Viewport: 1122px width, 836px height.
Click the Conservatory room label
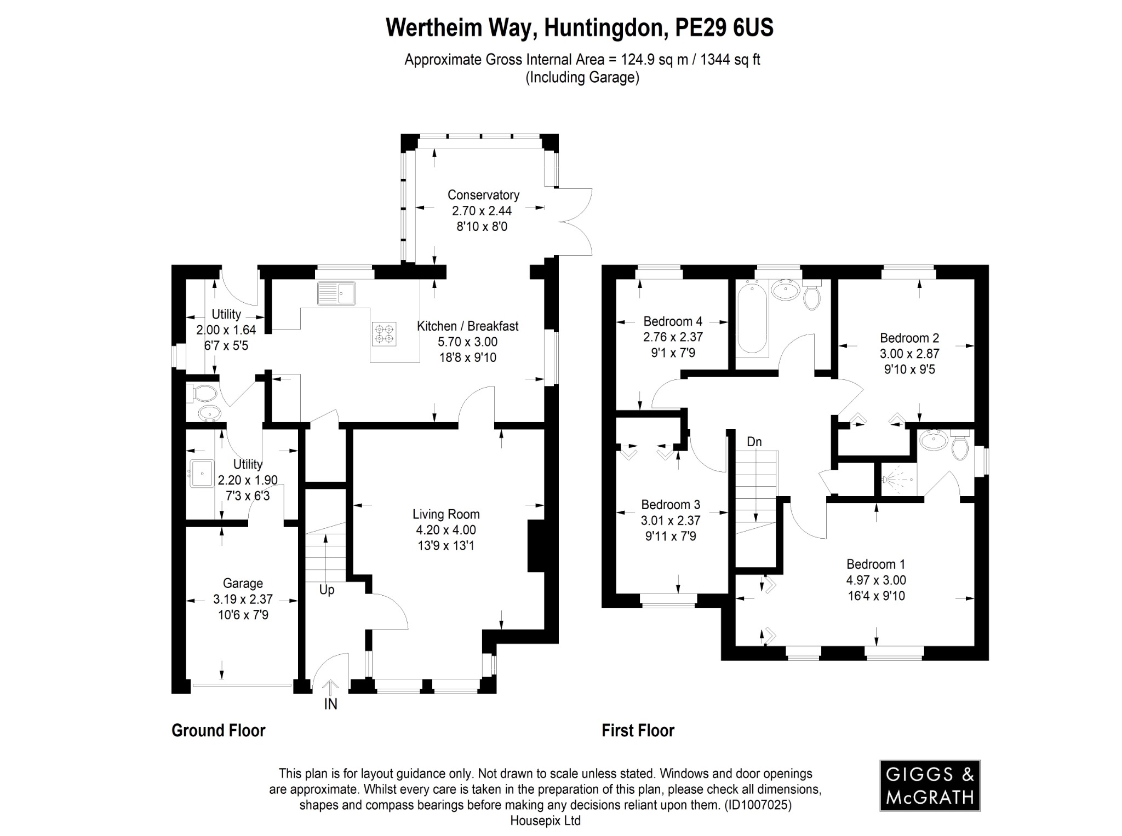coord(483,195)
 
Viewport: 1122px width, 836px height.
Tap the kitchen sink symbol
coord(336,293)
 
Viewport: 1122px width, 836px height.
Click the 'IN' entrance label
coord(330,704)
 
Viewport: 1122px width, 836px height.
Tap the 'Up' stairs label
coord(327,590)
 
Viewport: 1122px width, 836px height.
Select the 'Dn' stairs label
coord(754,442)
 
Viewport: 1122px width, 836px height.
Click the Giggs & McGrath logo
coord(930,785)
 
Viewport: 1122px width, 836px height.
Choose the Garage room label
coord(243,583)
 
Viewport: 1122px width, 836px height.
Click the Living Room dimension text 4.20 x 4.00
coord(446,530)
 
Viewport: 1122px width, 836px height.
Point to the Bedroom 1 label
coord(875,564)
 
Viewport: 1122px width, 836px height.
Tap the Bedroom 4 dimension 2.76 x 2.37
coord(673,337)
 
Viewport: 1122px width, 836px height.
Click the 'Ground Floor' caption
coord(218,730)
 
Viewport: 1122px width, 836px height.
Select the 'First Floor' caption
coord(638,730)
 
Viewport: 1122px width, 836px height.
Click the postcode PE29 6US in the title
coord(724,28)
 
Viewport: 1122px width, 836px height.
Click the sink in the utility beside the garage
coord(201,474)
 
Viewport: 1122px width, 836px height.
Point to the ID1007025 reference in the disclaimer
coord(758,805)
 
